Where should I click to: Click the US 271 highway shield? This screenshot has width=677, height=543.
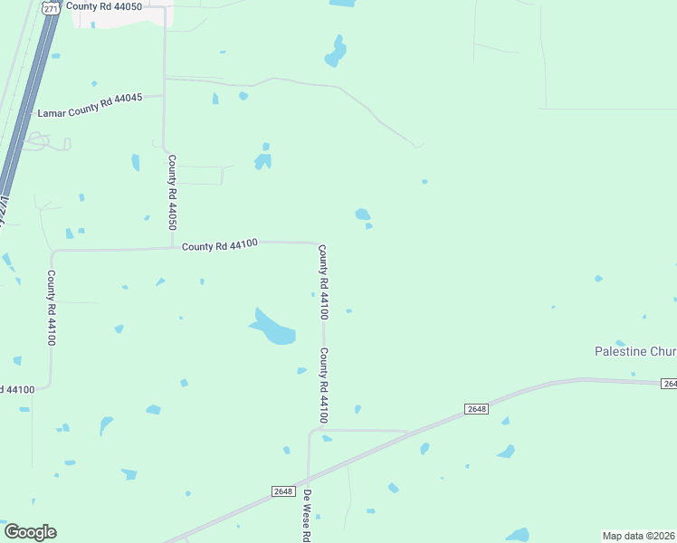point(52,7)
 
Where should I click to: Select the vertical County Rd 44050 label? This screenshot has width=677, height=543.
point(171,193)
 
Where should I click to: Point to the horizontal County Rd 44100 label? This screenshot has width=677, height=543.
point(220,244)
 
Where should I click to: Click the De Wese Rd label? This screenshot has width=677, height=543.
point(307,515)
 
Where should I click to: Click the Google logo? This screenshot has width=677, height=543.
point(30,532)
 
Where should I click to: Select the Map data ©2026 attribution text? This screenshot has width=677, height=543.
point(639,536)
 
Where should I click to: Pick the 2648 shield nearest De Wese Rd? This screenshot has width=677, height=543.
point(283,491)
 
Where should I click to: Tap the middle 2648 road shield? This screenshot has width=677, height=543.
point(477,409)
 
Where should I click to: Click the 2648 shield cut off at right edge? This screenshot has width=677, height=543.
point(669,384)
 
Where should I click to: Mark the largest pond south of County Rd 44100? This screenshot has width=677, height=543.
point(274,329)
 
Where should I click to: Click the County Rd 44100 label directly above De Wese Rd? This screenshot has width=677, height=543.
point(323,386)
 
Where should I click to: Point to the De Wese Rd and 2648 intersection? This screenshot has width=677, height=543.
point(308,480)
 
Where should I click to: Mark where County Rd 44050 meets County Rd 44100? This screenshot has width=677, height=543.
point(172,247)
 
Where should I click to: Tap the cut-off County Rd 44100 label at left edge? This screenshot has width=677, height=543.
point(17,389)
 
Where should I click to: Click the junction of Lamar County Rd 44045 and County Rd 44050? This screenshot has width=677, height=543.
point(163,95)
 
